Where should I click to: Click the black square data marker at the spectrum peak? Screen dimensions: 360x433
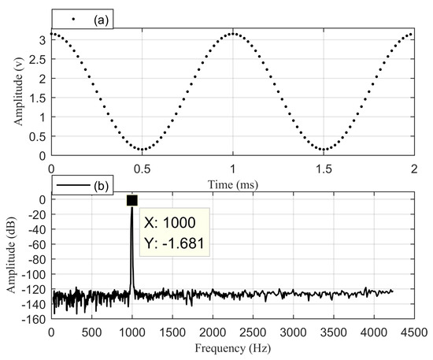click(131, 201)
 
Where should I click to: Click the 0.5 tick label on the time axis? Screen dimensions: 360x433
click(142, 169)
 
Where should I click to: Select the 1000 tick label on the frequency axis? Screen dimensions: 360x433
click(131, 332)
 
